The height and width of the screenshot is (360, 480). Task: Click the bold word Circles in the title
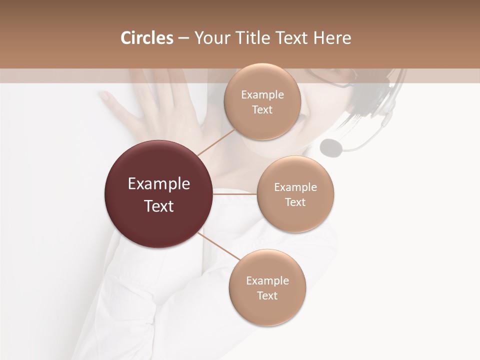(146, 38)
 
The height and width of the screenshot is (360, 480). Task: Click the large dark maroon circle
(158, 194)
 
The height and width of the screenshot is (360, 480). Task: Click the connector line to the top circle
(215, 142)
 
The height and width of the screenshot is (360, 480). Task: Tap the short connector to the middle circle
(235, 194)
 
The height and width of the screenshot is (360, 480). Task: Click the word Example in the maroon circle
(158, 184)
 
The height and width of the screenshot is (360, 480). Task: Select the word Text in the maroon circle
(158, 206)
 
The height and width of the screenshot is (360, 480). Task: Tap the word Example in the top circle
(262, 95)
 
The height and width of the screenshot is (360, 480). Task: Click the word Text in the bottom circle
(267, 295)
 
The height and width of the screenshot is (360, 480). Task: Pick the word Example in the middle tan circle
(295, 187)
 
